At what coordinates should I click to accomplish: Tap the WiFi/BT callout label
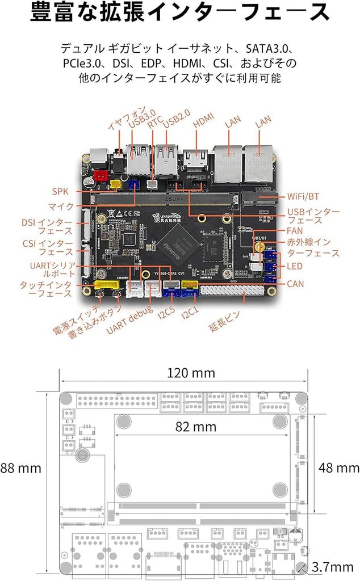point(303,196)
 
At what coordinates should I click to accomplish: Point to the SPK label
point(60,192)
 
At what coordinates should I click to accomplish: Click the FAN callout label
point(295,231)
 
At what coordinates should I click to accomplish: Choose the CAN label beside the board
point(295,283)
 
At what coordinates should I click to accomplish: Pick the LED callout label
point(295,266)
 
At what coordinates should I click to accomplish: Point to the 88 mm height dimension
point(21,468)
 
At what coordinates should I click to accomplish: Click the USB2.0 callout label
point(176,120)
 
